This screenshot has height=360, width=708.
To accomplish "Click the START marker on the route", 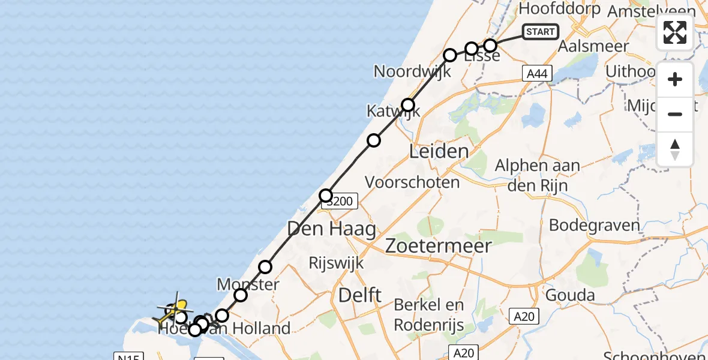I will click(540, 32).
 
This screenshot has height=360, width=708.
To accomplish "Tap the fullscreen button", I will click(675, 32).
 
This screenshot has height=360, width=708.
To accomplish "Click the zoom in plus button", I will click(675, 80).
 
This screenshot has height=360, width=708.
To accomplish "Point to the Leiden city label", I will click(439, 151).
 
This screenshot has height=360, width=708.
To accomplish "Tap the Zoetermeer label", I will click(439, 245).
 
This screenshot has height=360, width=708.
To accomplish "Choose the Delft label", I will click(360, 295).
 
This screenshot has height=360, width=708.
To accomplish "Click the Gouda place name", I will click(570, 295).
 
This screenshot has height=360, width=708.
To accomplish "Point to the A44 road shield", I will click(536, 73).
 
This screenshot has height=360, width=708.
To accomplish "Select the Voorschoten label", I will click(412, 182).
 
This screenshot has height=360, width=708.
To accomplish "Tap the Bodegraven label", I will click(595, 226).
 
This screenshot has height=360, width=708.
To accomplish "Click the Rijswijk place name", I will click(336, 263).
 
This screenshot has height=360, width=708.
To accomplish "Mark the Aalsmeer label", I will click(593, 46).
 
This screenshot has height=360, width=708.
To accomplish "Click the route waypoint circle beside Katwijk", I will click(408, 106).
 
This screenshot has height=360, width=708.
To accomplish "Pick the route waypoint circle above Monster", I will click(265, 267).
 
